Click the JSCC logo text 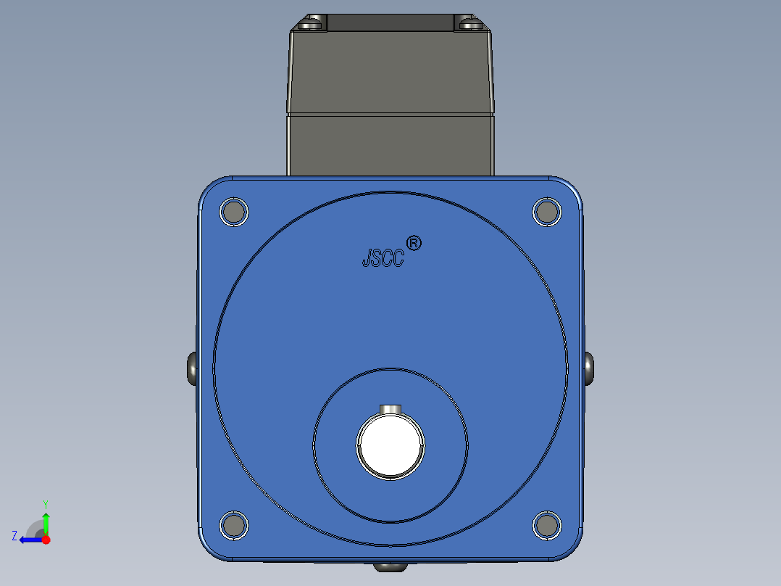pos(383,258)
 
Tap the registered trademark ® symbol pos(414,244)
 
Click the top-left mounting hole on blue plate pos(233,212)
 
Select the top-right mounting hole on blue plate pos(547,212)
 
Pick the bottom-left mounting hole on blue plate pos(233,525)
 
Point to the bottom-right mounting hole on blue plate pos(547,525)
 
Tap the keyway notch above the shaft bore pos(390,410)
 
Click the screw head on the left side pos(192,368)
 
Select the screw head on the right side pos(588,368)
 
